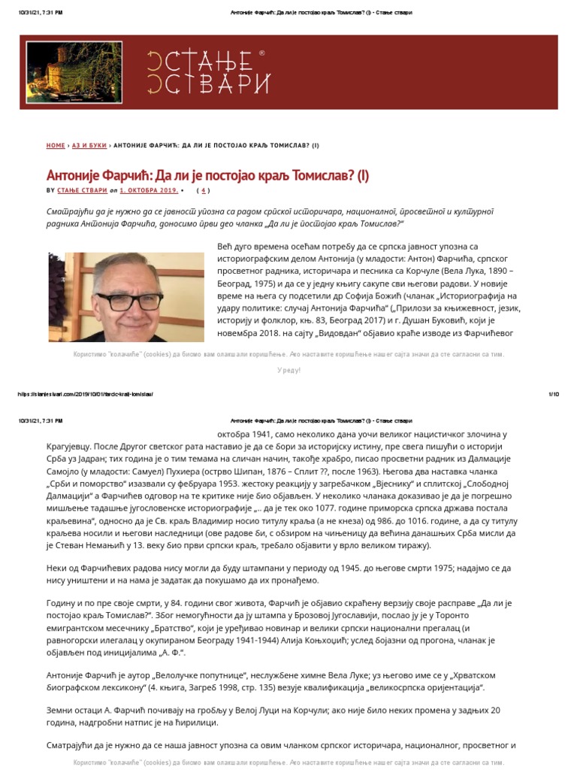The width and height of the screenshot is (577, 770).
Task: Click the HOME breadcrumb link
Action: pos(56,145)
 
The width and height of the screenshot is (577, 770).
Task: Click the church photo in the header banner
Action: pos(63,72)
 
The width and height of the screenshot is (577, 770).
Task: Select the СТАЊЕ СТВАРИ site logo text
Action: pos(198,72)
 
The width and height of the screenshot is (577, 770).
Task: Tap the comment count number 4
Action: pos(204,191)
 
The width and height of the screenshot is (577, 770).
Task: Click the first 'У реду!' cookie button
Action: pos(288,370)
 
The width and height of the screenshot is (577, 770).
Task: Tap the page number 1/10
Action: pos(554,394)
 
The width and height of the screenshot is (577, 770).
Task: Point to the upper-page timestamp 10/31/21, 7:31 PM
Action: pos(41,13)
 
